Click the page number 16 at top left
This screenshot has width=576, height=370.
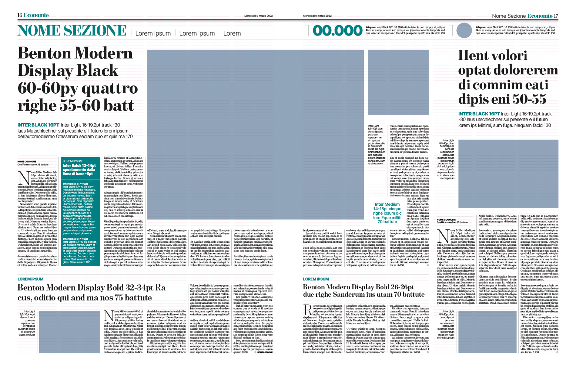click(x=20, y=15)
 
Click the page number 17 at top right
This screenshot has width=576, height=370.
click(x=556, y=16)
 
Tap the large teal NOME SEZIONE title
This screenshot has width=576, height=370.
click(x=72, y=31)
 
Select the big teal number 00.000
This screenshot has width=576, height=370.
click(x=338, y=31)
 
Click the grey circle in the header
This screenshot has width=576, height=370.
click(x=464, y=31)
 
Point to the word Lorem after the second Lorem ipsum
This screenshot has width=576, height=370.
click(x=232, y=33)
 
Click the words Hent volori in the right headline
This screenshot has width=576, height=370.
click(x=492, y=55)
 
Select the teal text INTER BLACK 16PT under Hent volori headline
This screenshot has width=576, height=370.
click(x=479, y=114)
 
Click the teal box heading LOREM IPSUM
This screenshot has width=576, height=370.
click(x=73, y=161)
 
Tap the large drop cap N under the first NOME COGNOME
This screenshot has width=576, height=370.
click(x=24, y=179)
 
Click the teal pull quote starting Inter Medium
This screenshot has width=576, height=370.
click(x=388, y=213)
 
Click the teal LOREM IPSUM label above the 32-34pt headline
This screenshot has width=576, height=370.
click(x=30, y=279)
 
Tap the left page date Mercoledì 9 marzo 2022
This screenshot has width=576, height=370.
click(x=258, y=16)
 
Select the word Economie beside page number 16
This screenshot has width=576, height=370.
click(x=36, y=15)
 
